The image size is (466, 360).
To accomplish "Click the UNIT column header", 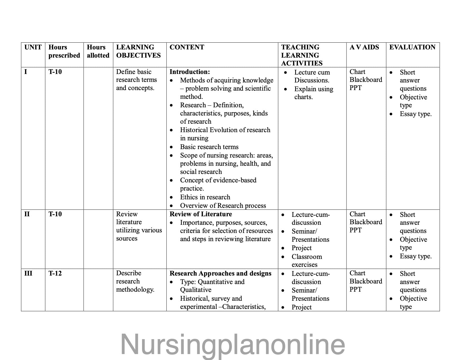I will coord(33,47).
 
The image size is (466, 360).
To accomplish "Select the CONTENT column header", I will coord(187,47).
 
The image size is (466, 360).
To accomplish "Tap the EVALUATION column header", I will coord(412,47).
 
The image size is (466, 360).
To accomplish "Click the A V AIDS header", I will coord(364,47).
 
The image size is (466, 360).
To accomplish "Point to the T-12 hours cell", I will coord(55,273).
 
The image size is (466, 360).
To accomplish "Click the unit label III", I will coord(28,273).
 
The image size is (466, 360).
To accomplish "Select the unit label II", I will coord(27,214).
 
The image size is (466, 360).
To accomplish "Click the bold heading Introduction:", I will coord(190,72).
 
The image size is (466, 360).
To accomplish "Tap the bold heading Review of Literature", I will coord(201,214).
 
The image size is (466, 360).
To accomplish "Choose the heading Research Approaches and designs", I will coord(220,273).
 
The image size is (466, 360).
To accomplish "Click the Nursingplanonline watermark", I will coord(233,344).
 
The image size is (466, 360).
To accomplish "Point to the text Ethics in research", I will coord(205,197).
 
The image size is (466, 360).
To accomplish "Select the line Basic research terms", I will coord(209,147).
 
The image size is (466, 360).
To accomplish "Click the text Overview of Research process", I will coord(223,206).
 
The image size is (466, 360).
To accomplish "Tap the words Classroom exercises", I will coord(306,261).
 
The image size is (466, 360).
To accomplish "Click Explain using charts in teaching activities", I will coord(313,93).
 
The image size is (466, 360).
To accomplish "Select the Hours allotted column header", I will coord(98,51).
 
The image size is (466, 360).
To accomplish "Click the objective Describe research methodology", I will coord(135,281).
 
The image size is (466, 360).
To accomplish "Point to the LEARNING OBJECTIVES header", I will coord(138,51).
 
